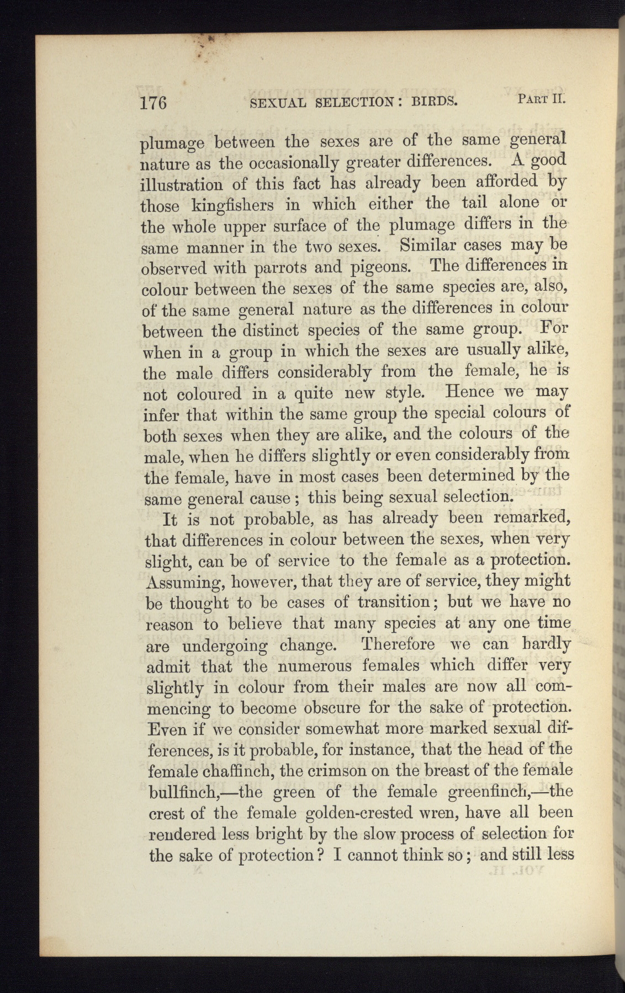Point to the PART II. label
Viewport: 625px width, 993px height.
[542, 99]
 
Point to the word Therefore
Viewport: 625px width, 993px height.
[398, 644]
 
